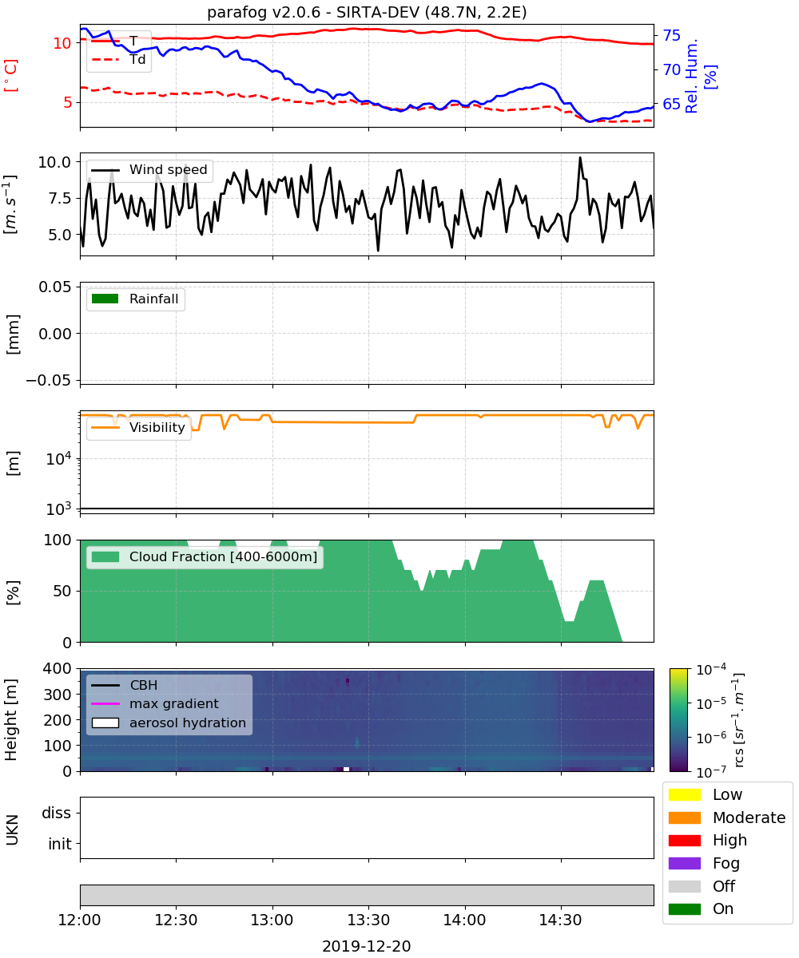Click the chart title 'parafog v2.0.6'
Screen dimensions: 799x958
[263, 12]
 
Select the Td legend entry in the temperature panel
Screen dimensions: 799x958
[118, 59]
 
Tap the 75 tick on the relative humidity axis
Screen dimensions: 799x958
[671, 35]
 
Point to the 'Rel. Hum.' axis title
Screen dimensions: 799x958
[691, 76]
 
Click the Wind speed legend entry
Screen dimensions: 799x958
[149, 170]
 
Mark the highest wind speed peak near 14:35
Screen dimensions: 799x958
[580, 158]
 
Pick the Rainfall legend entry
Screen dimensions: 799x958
[135, 299]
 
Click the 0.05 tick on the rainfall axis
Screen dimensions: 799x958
[55, 287]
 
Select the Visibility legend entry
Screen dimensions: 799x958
[137, 427]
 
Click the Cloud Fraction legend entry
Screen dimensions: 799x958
[205, 556]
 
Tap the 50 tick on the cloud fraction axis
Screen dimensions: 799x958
[62, 591]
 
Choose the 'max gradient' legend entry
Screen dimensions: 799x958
[155, 703]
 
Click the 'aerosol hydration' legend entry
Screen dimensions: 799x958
[169, 722]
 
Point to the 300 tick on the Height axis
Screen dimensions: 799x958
[58, 695]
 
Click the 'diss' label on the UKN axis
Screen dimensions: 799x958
[57, 813]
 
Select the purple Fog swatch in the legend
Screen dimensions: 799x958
[684, 863]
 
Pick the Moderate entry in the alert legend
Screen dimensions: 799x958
[726, 817]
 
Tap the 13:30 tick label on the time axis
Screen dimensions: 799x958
[368, 920]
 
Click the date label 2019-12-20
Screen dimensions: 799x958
[367, 946]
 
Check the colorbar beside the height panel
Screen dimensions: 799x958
[678, 720]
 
